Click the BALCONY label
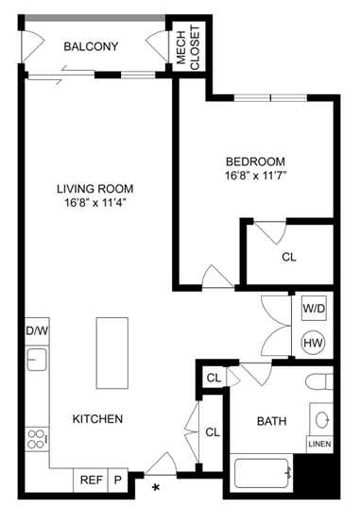[x=91, y=46]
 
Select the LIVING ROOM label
[x=93, y=187]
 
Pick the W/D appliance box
[x=315, y=309]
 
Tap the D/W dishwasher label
[x=36, y=331]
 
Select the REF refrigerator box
[x=91, y=480]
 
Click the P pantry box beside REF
[x=119, y=480]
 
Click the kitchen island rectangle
[x=111, y=353]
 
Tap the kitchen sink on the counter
[x=36, y=360]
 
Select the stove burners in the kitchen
[x=37, y=438]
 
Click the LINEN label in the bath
[x=320, y=444]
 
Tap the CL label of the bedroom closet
[x=289, y=257]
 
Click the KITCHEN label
[x=98, y=418]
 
